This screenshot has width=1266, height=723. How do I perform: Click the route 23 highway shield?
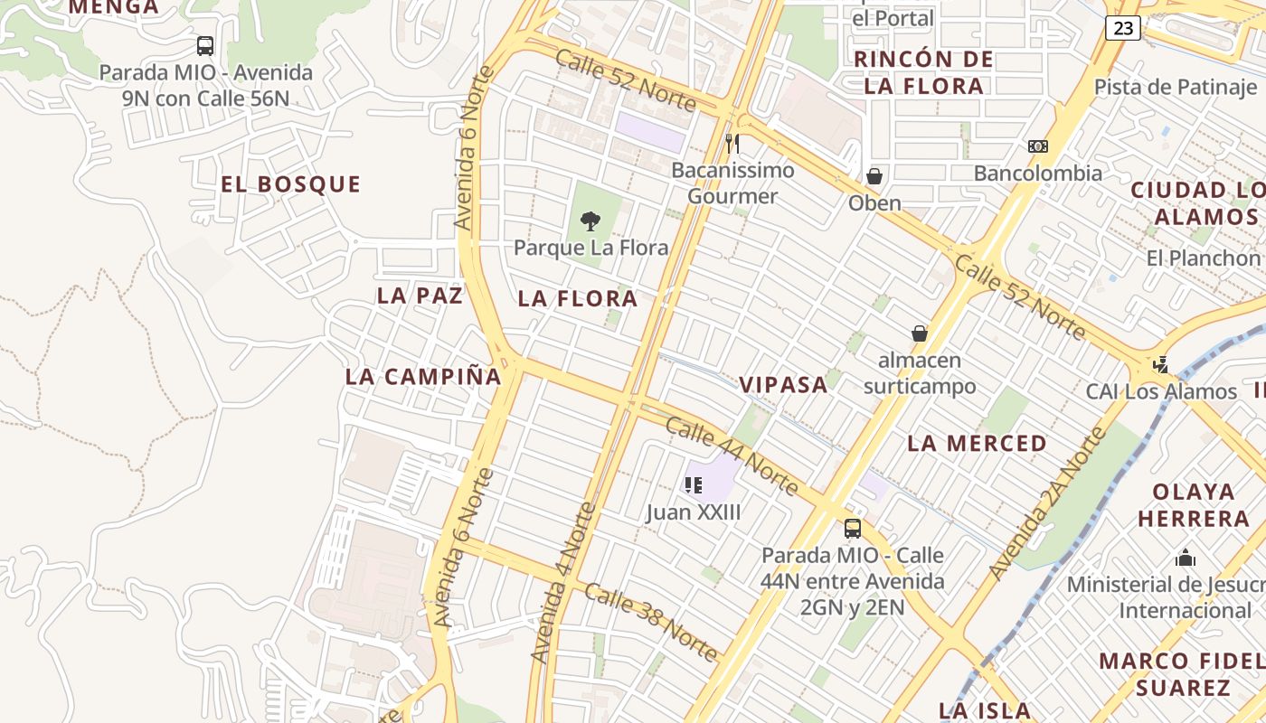click(1122, 28)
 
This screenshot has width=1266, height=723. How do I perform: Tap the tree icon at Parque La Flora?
click(590, 221)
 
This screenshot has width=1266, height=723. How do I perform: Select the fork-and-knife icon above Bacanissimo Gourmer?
click(732, 143)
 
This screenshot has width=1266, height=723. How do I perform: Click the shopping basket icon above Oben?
click(874, 176)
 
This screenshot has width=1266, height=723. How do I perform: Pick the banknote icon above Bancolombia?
click(1038, 146)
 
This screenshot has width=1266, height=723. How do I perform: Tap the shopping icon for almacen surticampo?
click(920, 333)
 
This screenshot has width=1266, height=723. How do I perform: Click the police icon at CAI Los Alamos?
click(1161, 365)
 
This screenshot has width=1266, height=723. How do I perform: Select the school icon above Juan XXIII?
click(694, 485)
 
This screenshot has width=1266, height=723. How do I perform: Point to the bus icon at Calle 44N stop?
click(853, 529)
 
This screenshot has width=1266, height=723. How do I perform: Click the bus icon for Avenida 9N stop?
click(205, 46)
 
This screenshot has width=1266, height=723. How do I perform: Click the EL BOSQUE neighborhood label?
click(290, 184)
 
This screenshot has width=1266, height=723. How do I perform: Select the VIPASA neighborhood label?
click(783, 385)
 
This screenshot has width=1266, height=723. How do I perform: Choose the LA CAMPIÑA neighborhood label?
click(423, 377)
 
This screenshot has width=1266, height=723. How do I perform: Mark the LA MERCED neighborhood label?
click(977, 444)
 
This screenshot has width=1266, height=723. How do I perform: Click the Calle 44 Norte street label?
click(732, 456)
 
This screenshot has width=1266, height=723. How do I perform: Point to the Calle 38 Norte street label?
click(651, 623)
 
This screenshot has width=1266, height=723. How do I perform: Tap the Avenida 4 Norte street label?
click(563, 583)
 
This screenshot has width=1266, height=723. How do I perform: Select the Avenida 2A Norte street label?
click(1047, 502)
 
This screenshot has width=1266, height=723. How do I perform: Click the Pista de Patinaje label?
click(1175, 88)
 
